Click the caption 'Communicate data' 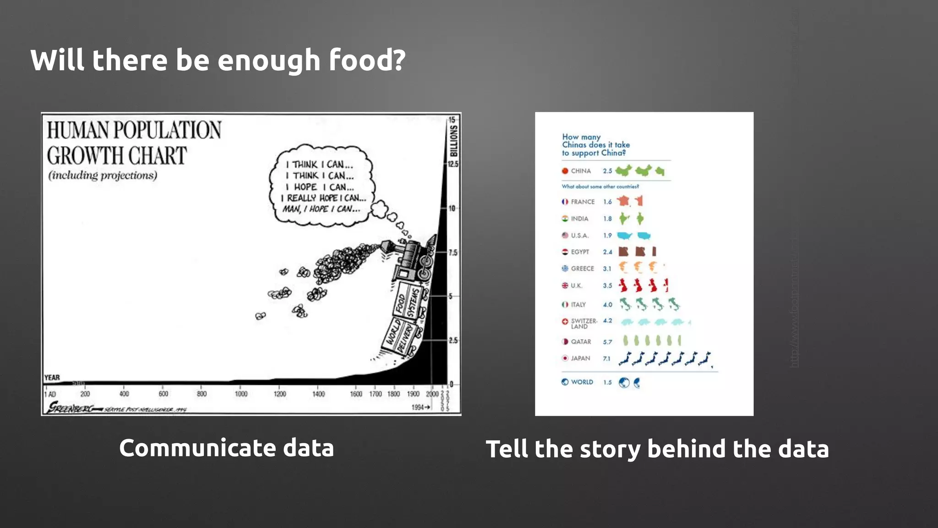click(x=226, y=448)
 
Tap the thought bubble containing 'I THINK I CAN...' click(x=322, y=186)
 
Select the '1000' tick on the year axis click(x=241, y=394)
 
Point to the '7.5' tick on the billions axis click(x=453, y=253)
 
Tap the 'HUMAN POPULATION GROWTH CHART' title click(x=134, y=143)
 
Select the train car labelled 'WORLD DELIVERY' click(x=398, y=338)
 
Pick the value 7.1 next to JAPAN click(x=606, y=358)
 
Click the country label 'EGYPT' click(x=580, y=252)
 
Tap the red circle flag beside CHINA click(x=565, y=171)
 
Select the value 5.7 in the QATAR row click(x=607, y=342)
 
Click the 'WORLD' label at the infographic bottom click(x=582, y=382)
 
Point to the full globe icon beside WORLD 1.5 click(x=624, y=382)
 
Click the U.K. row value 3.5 click(x=607, y=286)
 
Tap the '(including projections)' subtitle click(x=103, y=176)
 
